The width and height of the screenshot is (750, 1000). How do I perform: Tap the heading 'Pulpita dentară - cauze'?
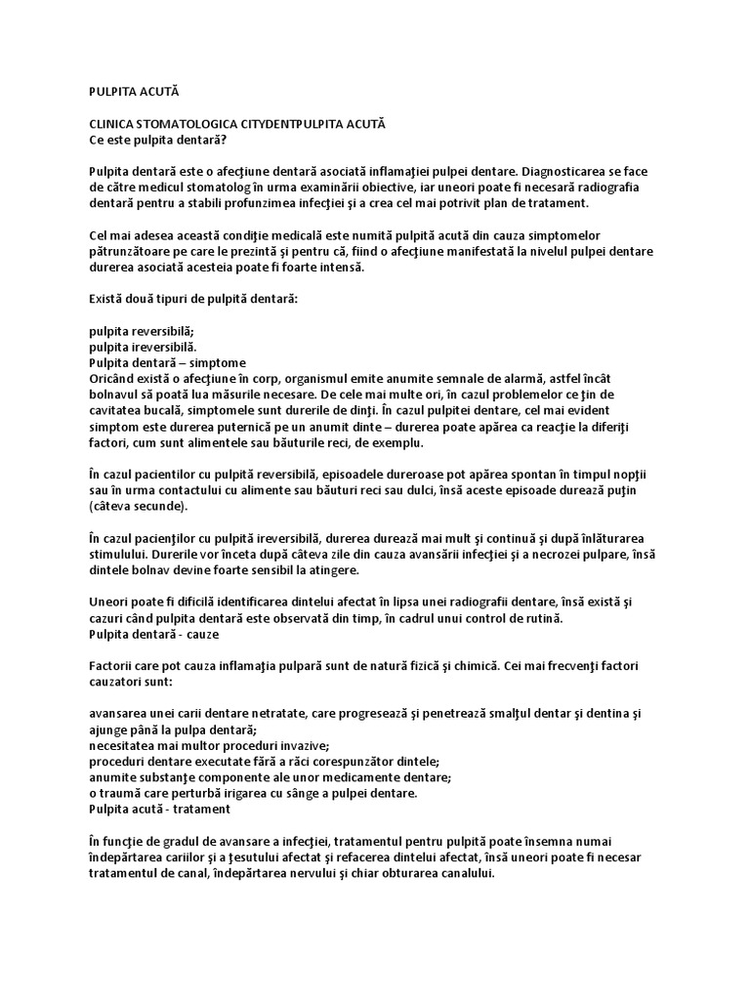[x=154, y=635]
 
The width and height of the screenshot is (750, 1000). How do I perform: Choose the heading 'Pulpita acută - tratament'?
[x=160, y=810]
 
